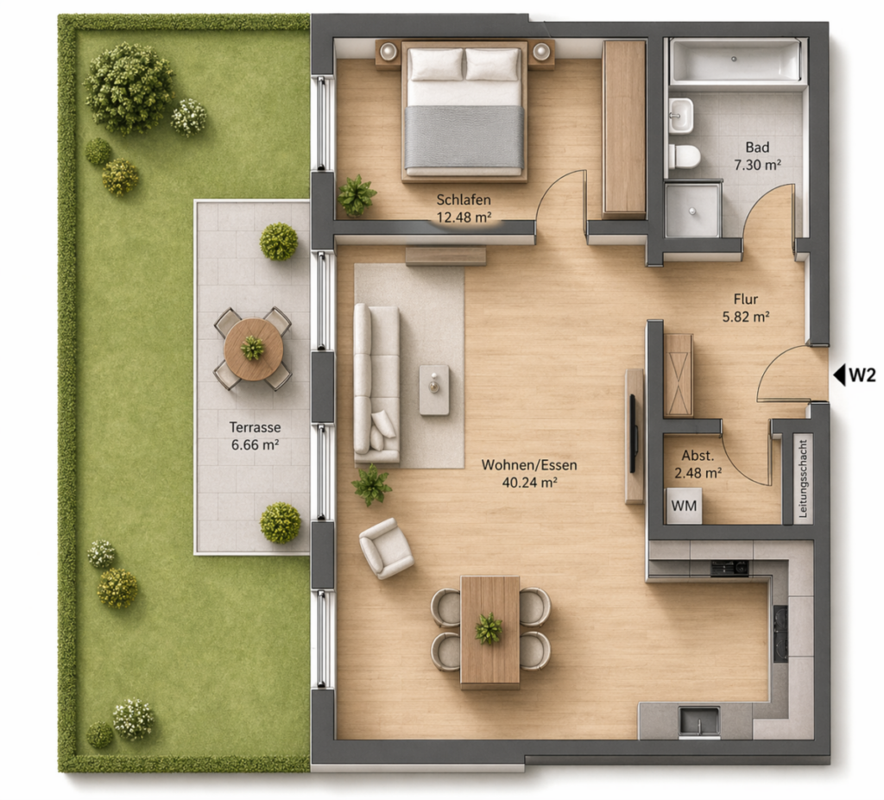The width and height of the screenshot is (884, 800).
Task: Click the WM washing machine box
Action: pyautogui.click(x=685, y=506)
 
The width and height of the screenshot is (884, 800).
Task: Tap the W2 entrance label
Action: pyautogui.click(x=862, y=375)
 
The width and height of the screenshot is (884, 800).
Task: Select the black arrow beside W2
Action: pyautogui.click(x=839, y=375)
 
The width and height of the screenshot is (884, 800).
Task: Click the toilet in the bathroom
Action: pyautogui.click(x=685, y=156)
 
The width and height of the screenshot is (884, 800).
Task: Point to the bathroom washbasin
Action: pyautogui.click(x=681, y=116)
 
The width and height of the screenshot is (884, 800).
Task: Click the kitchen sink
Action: pyautogui.click(x=699, y=721)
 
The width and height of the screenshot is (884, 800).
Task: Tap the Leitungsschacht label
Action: pyautogui.click(x=804, y=479)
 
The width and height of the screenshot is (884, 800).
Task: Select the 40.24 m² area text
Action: pyautogui.click(x=529, y=482)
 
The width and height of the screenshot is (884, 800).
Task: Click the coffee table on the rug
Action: pyautogui.click(x=434, y=389)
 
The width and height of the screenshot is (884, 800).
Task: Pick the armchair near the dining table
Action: pyautogui.click(x=386, y=549)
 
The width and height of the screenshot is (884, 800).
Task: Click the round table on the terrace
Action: pyautogui.click(x=254, y=349)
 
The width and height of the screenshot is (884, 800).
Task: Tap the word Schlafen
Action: pyautogui.click(x=464, y=199)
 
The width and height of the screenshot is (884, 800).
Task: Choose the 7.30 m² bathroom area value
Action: pyautogui.click(x=757, y=165)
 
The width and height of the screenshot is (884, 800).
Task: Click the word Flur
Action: pyautogui.click(x=745, y=299)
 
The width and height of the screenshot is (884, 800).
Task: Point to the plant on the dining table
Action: pyautogui.click(x=489, y=628)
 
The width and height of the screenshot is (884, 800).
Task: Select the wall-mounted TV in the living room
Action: pyautogui.click(x=633, y=433)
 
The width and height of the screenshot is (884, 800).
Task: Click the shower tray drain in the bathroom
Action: pyautogui.click(x=692, y=211)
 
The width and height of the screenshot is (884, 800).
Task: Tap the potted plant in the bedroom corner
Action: pyautogui.click(x=357, y=195)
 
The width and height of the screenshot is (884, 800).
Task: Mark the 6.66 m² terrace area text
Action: pyautogui.click(x=255, y=444)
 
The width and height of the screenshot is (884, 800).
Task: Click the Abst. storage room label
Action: pyautogui.click(x=698, y=456)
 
